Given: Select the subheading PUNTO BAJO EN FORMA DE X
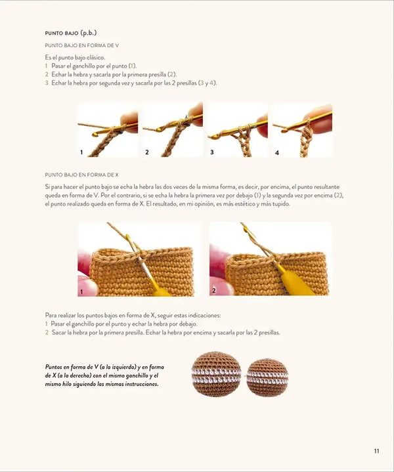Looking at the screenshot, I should click(81, 175).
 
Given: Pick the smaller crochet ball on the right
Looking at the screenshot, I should click(267, 377).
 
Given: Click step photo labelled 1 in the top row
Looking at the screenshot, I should click(107, 130).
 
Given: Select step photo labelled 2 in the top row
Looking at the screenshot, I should click(172, 130).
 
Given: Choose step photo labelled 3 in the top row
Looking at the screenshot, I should click(237, 130).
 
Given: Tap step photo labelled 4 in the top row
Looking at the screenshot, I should click(302, 130).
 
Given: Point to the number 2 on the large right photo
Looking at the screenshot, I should click(213, 290).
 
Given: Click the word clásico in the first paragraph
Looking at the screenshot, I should click(95, 58).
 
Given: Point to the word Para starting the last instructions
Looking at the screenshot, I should click(51, 315).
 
